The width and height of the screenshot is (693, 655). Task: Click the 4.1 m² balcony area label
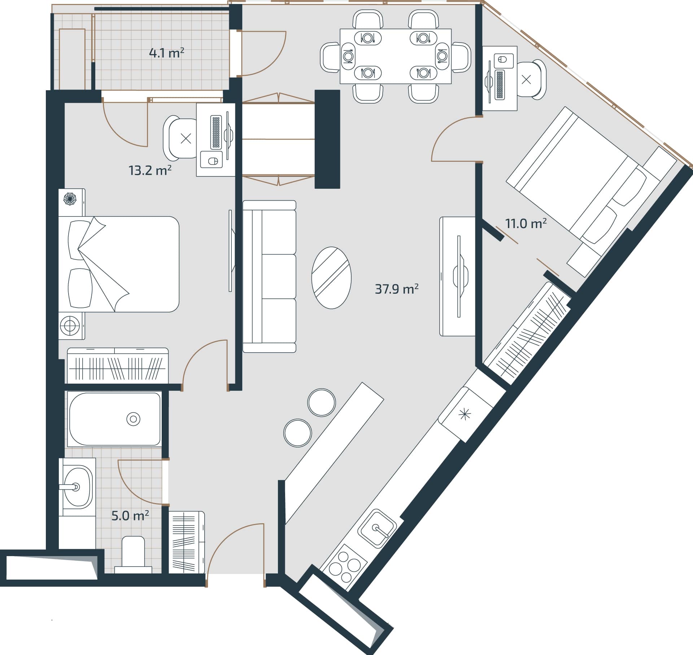pyautogui.click(x=166, y=53)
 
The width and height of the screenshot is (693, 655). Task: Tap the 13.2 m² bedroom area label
pyautogui.click(x=150, y=170)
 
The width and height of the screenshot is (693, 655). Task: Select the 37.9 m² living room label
pyautogui.click(x=397, y=289)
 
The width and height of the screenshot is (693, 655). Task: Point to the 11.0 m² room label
pyautogui.click(x=526, y=223)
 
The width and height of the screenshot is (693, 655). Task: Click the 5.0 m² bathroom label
pyautogui.click(x=130, y=516)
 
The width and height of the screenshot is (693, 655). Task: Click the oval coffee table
pyautogui.click(x=331, y=278)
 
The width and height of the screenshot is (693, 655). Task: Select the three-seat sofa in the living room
pyautogui.click(x=269, y=276)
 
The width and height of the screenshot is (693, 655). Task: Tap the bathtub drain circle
pyautogui.click(x=133, y=419)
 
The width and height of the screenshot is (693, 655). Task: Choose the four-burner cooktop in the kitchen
pyautogui.click(x=343, y=567)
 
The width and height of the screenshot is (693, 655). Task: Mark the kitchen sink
pyautogui.click(x=377, y=529)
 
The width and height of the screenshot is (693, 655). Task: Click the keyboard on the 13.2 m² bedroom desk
pyautogui.click(x=216, y=132)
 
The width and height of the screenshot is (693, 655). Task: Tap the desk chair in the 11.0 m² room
pyautogui.click(x=531, y=79)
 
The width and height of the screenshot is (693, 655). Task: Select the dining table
pyautogui.click(x=396, y=56)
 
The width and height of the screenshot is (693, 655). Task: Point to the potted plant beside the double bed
pyautogui.click(x=70, y=198)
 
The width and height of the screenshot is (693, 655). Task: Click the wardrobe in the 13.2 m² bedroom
pyautogui.click(x=118, y=366)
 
